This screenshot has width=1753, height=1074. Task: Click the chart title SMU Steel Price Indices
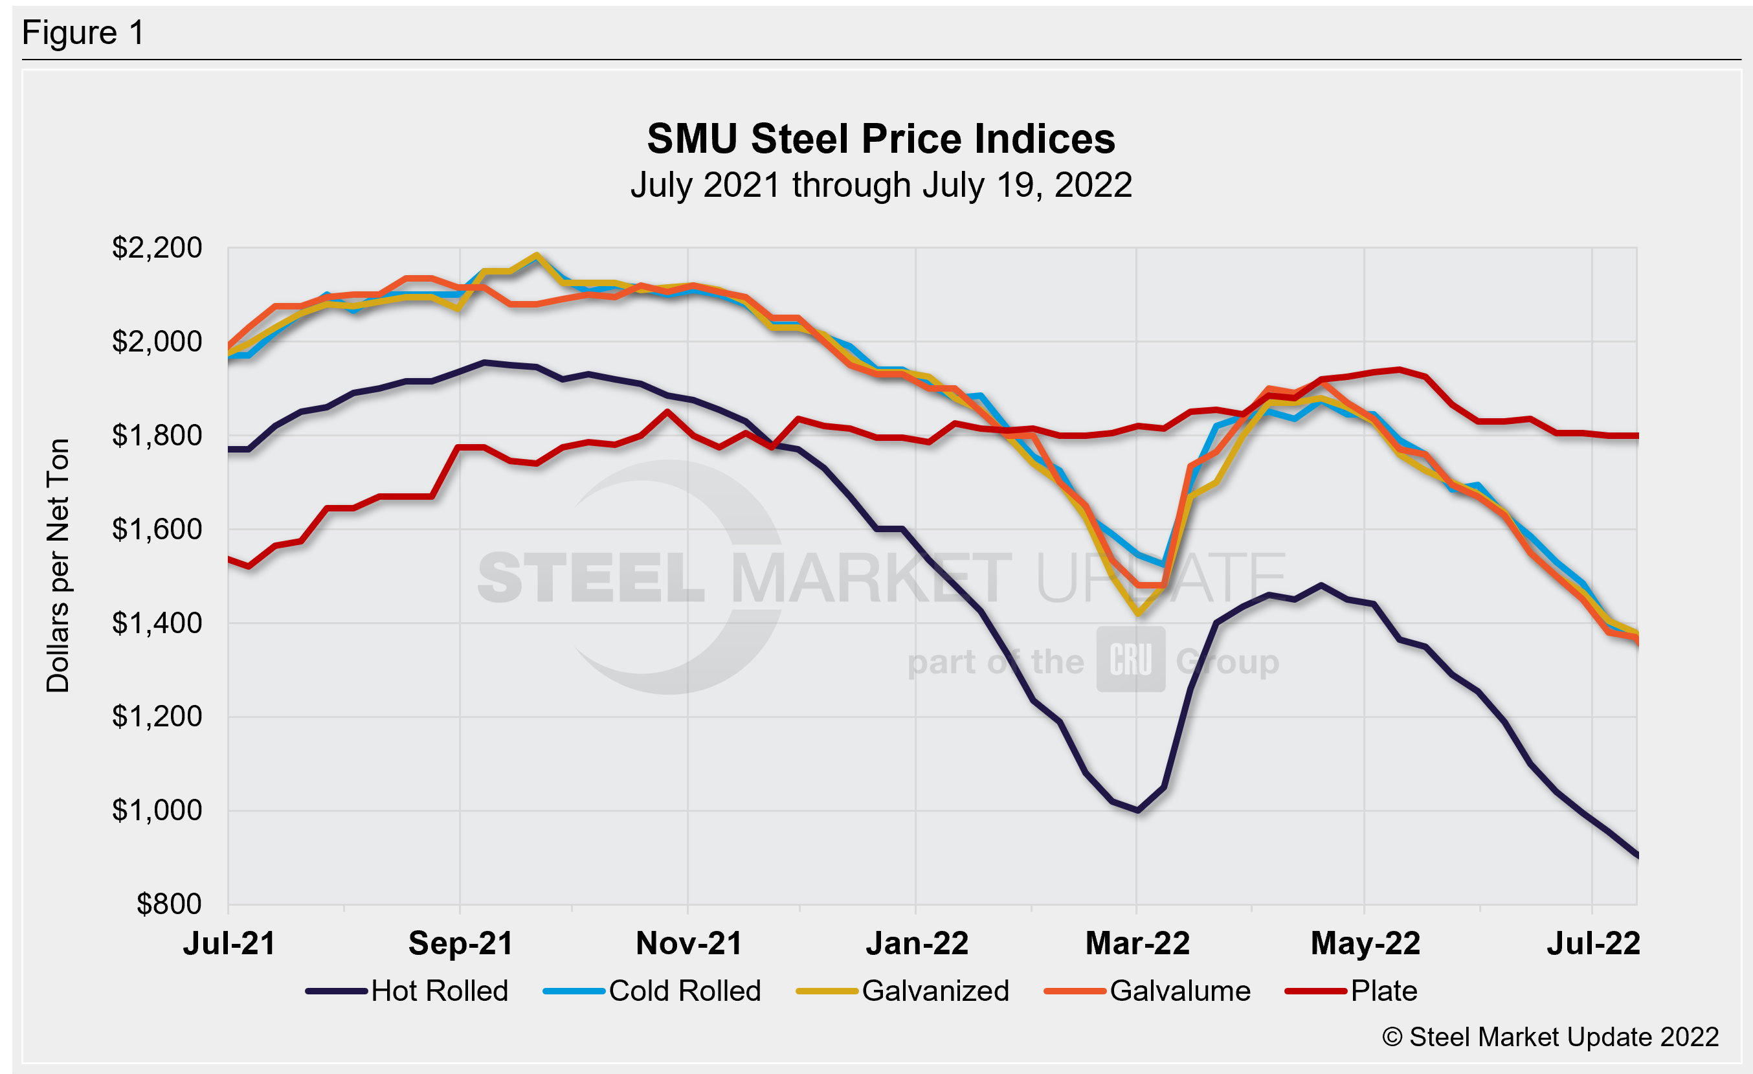[x=881, y=138]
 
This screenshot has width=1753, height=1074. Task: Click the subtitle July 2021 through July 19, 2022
[x=881, y=185]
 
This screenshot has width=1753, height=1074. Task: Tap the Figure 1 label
[x=84, y=33]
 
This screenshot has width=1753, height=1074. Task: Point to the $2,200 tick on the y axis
[x=157, y=247]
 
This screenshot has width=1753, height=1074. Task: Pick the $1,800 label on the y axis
[x=157, y=435]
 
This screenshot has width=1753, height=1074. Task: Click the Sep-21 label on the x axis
[x=460, y=944]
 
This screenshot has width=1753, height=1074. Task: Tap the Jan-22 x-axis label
[x=917, y=944]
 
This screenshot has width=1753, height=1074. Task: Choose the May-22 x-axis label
[x=1365, y=944]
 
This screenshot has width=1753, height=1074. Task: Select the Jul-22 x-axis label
[x=1593, y=944]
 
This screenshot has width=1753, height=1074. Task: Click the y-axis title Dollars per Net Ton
[x=58, y=565]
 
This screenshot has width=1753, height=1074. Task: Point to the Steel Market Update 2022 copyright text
[x=1550, y=1037]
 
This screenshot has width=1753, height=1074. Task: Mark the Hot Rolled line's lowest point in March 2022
[x=1138, y=809]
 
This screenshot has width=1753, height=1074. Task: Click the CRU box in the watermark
[x=1130, y=659]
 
